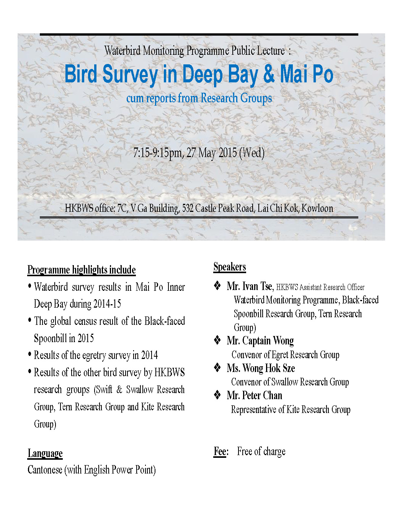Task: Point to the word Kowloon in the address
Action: [317, 208]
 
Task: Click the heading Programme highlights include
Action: [82, 270]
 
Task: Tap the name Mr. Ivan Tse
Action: [250, 286]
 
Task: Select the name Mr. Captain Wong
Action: [260, 341]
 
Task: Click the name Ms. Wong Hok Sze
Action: [261, 368]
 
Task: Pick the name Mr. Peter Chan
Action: [254, 395]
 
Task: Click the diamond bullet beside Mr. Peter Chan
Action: [217, 395]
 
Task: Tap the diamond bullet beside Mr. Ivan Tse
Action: [217, 286]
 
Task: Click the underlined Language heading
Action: [45, 454]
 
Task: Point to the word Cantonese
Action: [45, 470]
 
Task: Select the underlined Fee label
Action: [220, 452]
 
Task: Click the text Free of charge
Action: [261, 452]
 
